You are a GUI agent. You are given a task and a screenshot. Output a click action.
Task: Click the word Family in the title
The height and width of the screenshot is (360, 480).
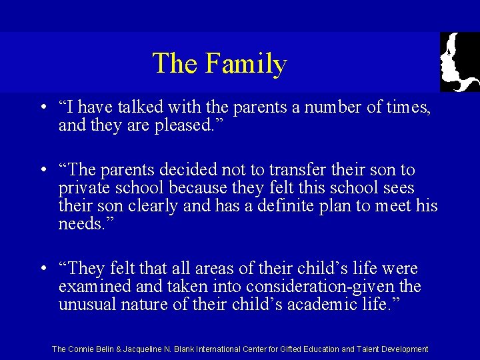point(246,63)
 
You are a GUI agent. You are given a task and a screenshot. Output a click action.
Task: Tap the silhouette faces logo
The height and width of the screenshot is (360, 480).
point(459,61)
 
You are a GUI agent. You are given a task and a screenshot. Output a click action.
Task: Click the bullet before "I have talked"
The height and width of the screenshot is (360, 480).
point(42,108)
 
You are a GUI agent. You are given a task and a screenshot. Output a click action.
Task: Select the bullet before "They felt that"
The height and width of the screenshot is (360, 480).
point(42,269)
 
